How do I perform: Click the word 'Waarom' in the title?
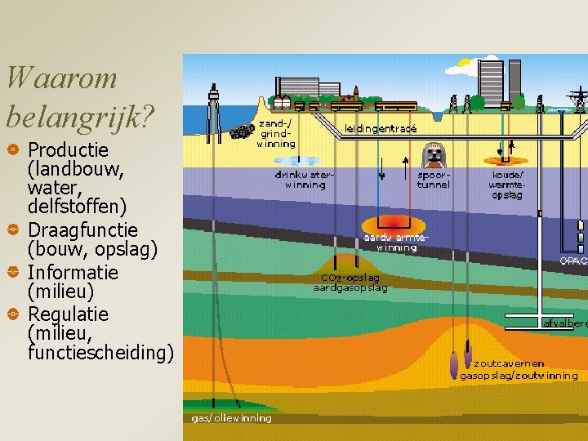click(61, 78)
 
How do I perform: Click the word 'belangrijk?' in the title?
click(80, 118)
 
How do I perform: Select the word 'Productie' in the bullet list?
click(68, 150)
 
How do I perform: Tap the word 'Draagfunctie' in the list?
click(82, 230)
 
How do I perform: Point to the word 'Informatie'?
click(73, 272)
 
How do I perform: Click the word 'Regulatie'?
click(69, 314)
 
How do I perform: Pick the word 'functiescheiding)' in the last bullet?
click(100, 353)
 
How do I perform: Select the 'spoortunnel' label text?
click(433, 179)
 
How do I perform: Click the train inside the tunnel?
click(432, 156)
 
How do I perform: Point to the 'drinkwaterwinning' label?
click(304, 179)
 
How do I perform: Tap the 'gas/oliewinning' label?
click(231, 418)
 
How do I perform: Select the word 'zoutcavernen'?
click(510, 364)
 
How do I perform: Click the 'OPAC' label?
click(572, 261)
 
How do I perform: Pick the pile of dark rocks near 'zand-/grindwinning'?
click(241, 131)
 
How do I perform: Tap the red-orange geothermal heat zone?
click(396, 222)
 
